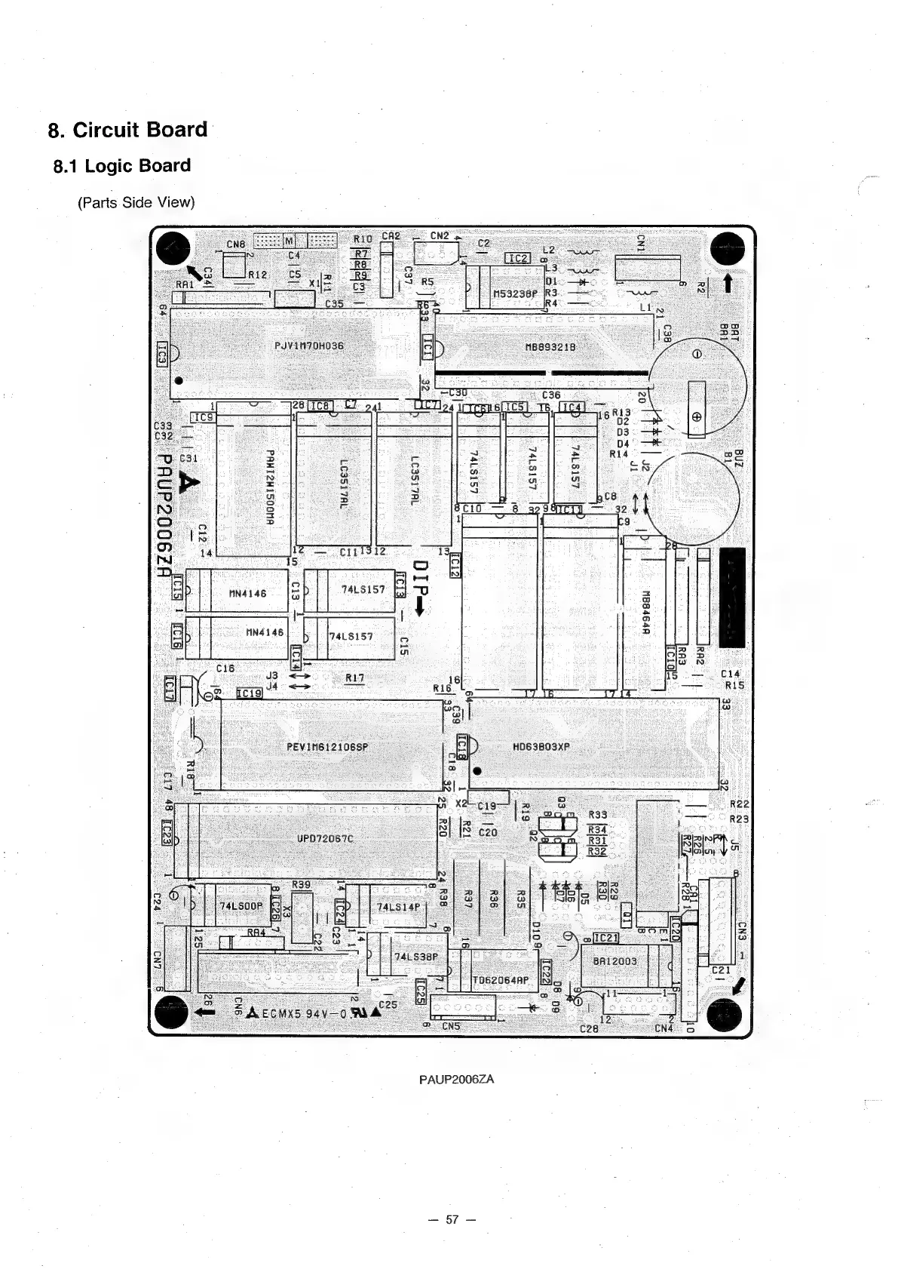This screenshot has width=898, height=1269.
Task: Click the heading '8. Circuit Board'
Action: pyautogui.click(x=127, y=130)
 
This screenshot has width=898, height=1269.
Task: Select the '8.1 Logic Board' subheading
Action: pyautogui.click(x=122, y=166)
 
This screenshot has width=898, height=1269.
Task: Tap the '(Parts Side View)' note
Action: pyautogui.click(x=136, y=202)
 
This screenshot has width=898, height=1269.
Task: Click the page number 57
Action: pyautogui.click(x=452, y=1219)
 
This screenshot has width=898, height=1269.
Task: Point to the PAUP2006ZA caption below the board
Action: pyautogui.click(x=456, y=1079)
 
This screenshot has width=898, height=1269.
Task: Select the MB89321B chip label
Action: pyautogui.click(x=550, y=347)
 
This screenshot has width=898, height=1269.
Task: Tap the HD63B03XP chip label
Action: pyautogui.click(x=541, y=747)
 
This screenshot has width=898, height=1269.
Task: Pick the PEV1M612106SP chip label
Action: pyautogui.click(x=327, y=747)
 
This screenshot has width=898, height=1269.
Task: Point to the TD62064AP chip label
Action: pyautogui.click(x=501, y=982)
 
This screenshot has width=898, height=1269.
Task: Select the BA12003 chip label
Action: pyautogui.click(x=615, y=961)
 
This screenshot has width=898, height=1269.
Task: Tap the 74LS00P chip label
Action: pyautogui.click(x=241, y=905)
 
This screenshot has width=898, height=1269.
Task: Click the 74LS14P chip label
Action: pyautogui.click(x=397, y=907)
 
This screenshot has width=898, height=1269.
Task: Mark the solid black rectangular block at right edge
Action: pyautogui.click(x=732, y=598)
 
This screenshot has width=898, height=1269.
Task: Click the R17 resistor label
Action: pyautogui.click(x=354, y=678)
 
